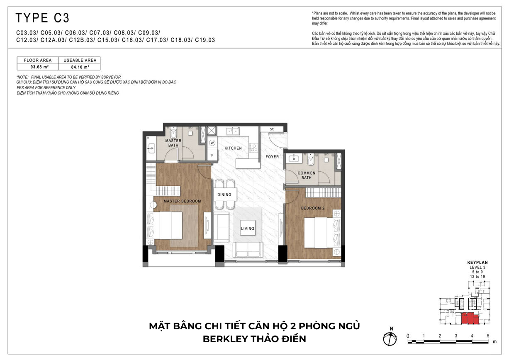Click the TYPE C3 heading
42,18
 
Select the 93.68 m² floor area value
38,66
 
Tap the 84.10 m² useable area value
80,66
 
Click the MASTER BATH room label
173,143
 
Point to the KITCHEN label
233,148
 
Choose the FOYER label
272,157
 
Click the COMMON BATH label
306,175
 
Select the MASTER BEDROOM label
182,201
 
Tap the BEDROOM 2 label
313,208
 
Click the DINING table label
224,195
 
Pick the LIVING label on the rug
248,228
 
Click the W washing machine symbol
212,143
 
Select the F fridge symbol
212,156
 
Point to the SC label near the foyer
272,129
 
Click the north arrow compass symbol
390,338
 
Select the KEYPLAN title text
477,263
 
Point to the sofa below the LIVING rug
248,249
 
